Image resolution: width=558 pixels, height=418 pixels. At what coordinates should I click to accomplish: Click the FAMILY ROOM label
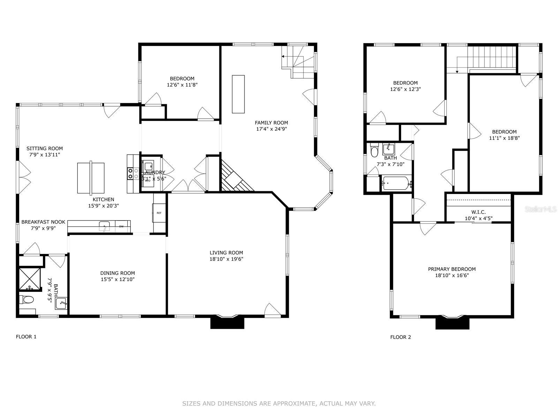point(271,123)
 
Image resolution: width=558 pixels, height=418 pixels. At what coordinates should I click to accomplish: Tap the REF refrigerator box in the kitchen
point(159,213)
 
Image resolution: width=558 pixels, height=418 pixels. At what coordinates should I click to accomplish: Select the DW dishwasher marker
point(121,226)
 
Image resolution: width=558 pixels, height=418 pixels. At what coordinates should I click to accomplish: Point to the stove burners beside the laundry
point(131,173)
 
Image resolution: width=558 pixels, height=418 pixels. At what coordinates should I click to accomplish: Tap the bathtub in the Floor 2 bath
point(396,183)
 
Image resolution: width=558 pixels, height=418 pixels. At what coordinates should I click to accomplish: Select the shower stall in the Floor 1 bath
point(29,279)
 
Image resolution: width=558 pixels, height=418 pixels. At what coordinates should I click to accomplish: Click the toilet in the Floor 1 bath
point(27,299)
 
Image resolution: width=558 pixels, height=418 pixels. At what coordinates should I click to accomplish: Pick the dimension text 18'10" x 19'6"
point(226,259)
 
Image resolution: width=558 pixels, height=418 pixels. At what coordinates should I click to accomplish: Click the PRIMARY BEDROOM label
point(452,269)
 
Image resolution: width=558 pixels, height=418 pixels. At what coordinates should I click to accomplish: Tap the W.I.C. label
point(478,212)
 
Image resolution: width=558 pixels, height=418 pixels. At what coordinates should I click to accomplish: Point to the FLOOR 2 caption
point(400,337)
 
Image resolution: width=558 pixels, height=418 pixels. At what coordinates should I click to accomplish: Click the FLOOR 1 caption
point(26,336)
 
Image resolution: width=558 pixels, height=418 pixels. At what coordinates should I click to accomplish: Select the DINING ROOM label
point(118,273)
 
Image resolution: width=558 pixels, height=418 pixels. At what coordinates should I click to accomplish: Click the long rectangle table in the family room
point(238,94)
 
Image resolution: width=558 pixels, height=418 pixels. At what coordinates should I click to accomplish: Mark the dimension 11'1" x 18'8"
point(504,138)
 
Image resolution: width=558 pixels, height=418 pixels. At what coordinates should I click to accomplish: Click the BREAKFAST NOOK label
point(43,222)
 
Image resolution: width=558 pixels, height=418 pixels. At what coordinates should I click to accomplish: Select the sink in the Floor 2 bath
point(388,149)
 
